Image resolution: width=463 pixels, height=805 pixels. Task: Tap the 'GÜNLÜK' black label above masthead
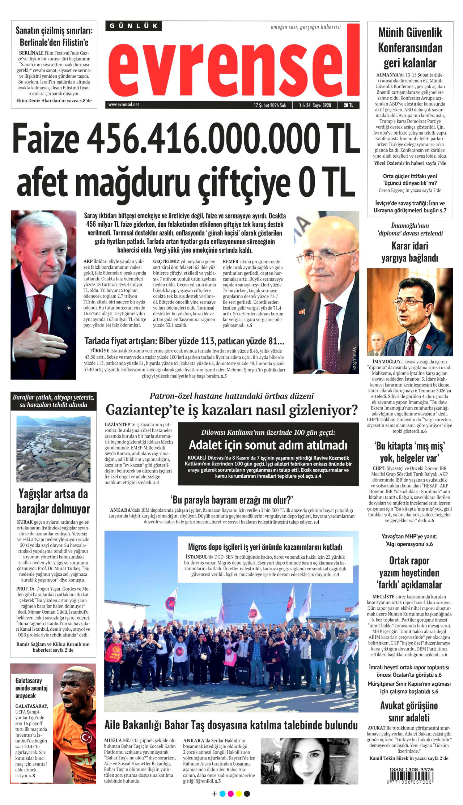[134, 26]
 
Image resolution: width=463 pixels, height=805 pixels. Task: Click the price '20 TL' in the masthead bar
[348, 105]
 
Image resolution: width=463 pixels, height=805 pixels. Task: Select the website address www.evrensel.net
[123, 105]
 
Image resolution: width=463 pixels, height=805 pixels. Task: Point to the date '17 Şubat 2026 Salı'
[270, 105]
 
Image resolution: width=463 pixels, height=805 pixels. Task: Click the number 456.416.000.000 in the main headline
[204, 139]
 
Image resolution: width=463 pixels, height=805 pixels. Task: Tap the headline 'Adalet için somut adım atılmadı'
[268, 445]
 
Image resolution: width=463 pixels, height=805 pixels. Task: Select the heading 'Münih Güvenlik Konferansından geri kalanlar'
[410, 48]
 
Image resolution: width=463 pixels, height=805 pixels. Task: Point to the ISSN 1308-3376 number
[411, 769]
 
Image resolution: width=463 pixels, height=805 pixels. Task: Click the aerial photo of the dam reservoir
[53, 449]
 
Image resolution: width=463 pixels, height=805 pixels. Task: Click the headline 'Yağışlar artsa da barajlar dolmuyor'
[53, 501]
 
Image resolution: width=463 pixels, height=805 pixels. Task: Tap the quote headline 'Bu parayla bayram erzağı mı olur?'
[231, 500]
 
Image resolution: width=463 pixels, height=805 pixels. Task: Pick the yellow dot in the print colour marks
[238, 794]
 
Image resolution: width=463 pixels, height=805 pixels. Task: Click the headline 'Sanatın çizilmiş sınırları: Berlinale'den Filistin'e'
[54, 37]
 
